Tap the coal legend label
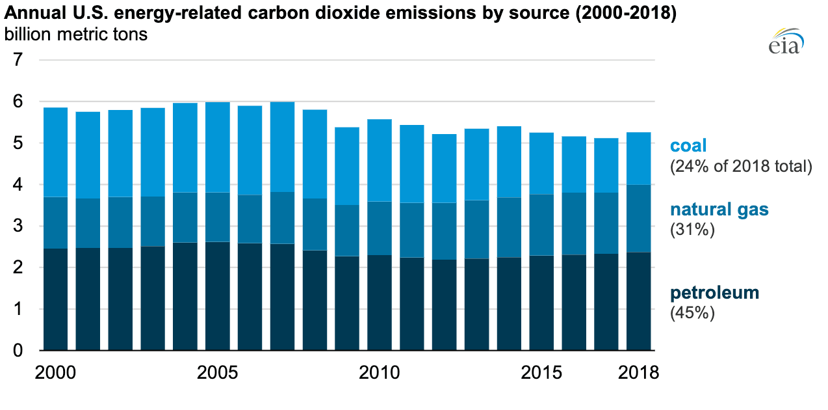688,146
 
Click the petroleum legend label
714,293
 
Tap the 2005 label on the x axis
218,373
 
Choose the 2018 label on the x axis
638,373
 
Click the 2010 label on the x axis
380,373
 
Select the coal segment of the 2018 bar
638,158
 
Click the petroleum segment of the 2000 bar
55,299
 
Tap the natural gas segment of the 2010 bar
380,228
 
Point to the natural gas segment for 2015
541,225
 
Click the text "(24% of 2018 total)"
741,167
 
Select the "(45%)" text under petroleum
692,313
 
